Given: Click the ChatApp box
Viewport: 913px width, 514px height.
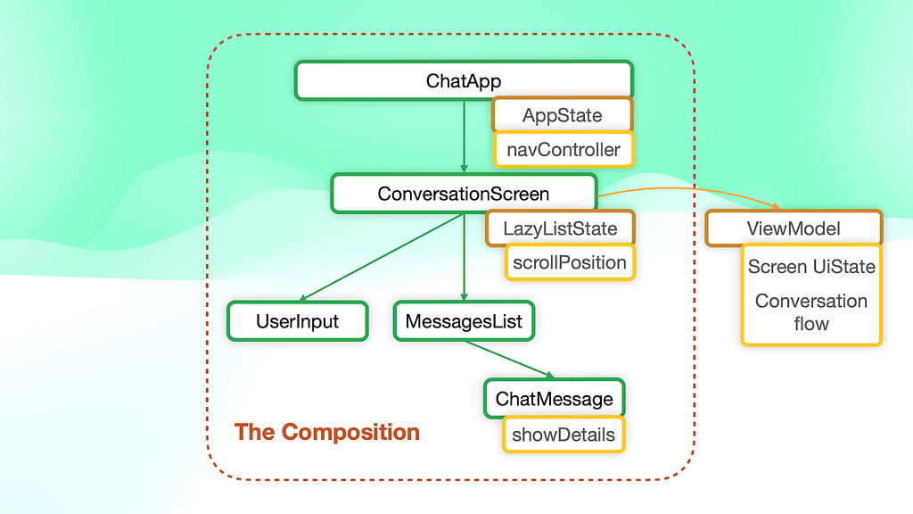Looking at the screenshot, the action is click(464, 80).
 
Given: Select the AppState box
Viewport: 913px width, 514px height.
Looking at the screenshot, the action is click(562, 115).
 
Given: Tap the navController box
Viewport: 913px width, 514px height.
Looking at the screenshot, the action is click(563, 150).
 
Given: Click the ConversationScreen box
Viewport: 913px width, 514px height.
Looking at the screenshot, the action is click(464, 194).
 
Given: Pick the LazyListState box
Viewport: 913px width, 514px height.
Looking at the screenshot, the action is click(560, 228).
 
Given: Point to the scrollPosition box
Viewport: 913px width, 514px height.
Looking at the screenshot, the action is click(570, 262).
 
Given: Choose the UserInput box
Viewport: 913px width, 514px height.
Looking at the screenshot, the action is click(297, 321).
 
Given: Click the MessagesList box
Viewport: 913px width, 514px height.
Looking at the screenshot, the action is click(464, 321).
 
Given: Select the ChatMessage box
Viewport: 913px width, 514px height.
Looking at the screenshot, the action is click(554, 399).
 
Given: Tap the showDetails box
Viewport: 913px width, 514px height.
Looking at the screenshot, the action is click(563, 435).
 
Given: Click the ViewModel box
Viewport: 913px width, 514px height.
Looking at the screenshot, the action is click(794, 228).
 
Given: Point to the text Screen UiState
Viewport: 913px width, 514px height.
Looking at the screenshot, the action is click(811, 266).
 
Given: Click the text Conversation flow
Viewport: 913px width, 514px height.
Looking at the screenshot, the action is click(811, 311).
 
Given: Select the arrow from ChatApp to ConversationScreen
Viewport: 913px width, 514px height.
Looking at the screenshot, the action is click(464, 137).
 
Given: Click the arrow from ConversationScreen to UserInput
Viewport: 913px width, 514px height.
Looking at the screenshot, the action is click(382, 257).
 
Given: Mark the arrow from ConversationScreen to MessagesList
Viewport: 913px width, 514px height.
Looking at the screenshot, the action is click(464, 257).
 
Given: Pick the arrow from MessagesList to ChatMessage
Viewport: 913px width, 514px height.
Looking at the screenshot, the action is click(509, 360).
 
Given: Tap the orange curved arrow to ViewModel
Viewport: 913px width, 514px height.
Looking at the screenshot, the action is click(687, 189).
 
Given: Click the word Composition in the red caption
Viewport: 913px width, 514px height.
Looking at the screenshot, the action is click(350, 433).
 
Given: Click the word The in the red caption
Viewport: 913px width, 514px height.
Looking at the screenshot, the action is click(254, 432).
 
